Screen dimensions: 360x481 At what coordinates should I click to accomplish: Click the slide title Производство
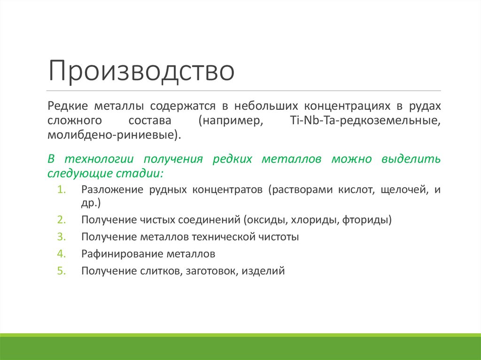tap(141, 71)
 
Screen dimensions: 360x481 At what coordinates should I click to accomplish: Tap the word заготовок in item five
tap(212, 271)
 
